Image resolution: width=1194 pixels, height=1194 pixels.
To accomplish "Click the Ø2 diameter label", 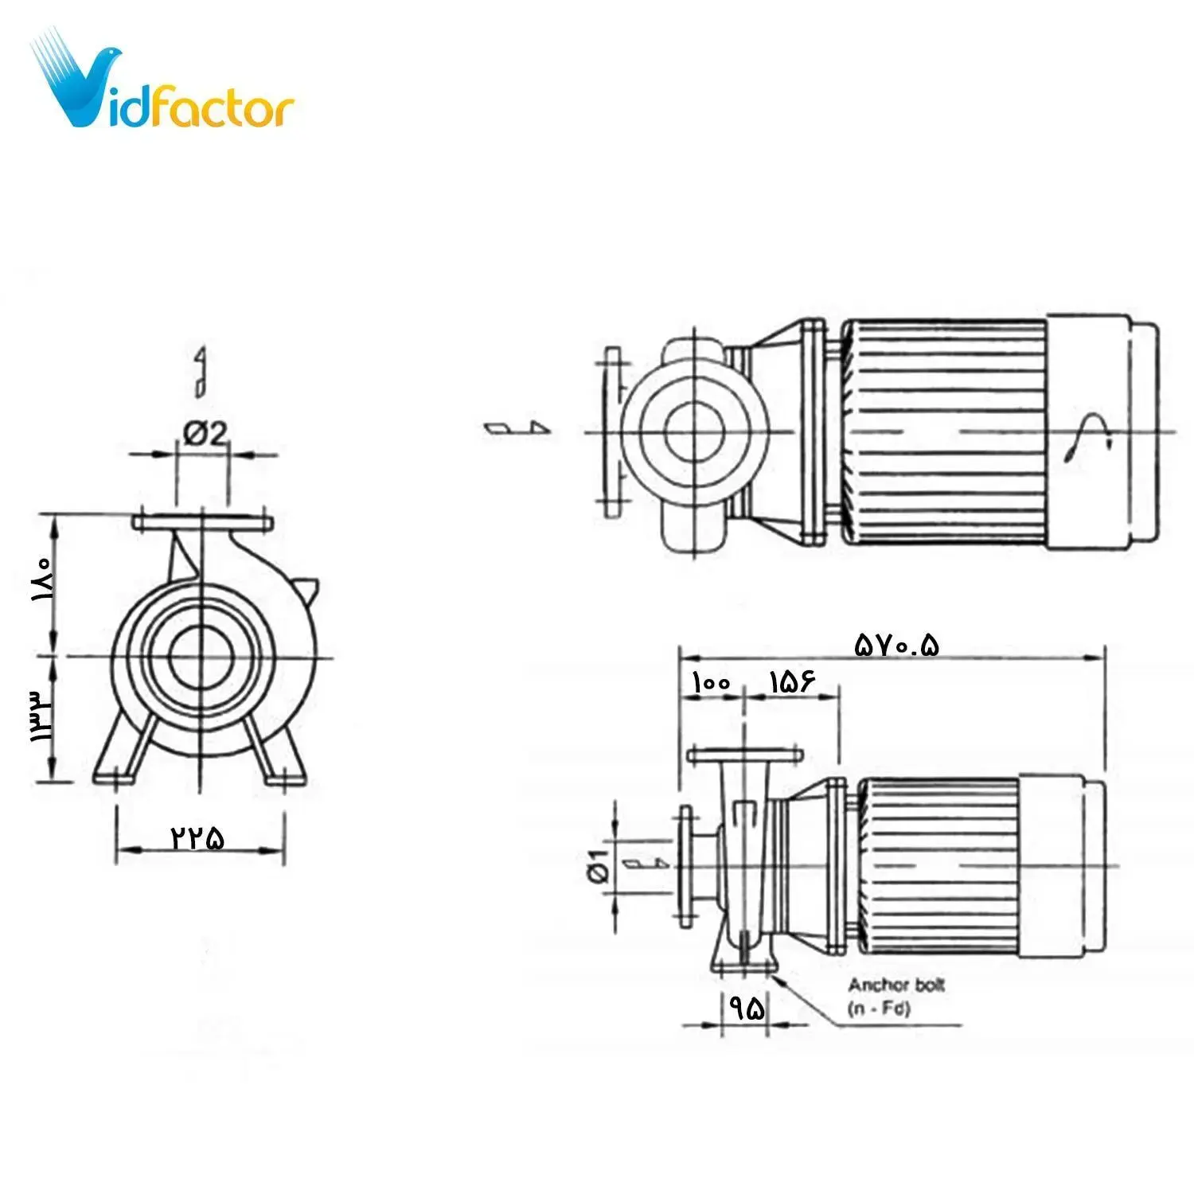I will [205, 434].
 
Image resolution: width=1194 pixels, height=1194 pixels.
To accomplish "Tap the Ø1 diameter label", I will [599, 865].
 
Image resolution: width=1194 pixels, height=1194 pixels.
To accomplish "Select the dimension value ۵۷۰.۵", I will [896, 643].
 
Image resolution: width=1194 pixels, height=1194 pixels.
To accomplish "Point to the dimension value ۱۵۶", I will [792, 682].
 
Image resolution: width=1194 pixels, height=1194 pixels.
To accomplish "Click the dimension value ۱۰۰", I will [711, 683].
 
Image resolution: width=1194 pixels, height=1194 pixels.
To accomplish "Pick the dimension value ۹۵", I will [747, 1009].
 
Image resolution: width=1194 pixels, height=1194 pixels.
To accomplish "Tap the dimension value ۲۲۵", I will [197, 837].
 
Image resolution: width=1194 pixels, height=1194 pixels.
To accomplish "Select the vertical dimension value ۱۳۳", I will [40, 716].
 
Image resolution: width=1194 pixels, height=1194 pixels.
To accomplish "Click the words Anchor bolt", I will [895, 985].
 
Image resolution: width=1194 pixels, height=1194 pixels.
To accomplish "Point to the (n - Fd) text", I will [879, 1009].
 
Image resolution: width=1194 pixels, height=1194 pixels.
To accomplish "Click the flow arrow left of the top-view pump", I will [517, 427].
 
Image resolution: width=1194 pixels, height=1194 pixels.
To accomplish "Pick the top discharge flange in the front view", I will [203, 523].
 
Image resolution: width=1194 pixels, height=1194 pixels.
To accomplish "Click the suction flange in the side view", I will [685, 866].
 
